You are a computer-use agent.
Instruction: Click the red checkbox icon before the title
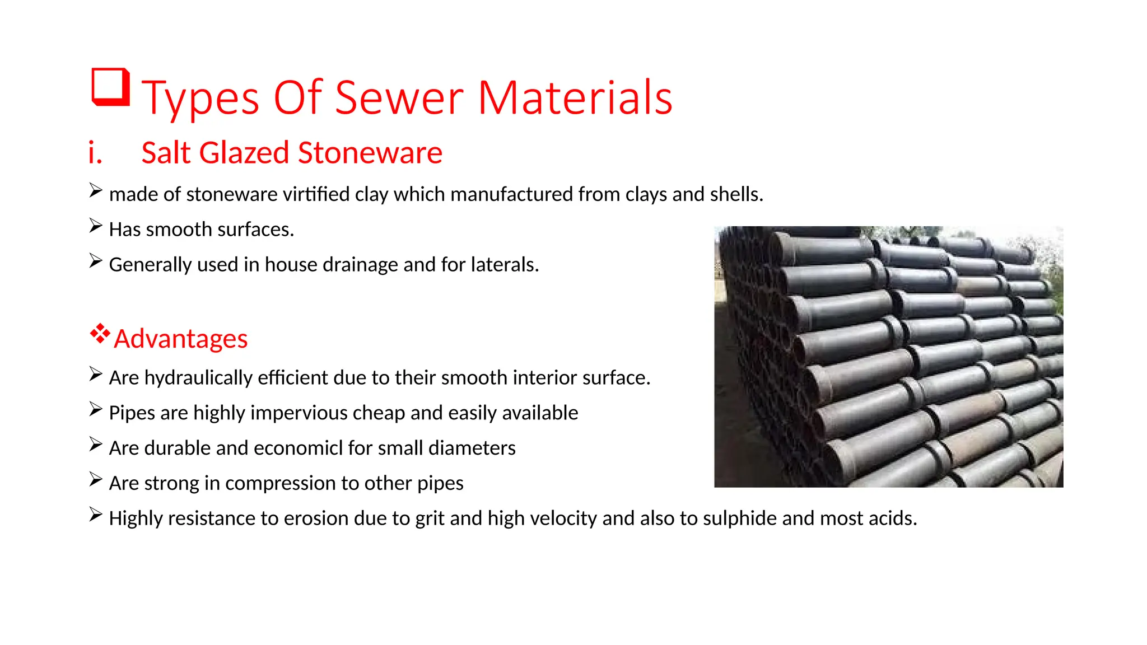coord(110,87)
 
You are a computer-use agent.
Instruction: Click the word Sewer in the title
coord(399,98)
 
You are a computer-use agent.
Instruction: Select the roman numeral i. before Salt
coord(95,153)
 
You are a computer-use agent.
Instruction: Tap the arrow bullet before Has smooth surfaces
coord(96,226)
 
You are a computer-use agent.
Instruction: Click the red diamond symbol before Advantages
coord(100,334)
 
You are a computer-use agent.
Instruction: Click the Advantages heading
coord(180,339)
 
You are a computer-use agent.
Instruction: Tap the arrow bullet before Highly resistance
coord(96,515)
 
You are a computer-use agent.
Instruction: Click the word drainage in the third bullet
coord(353,264)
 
